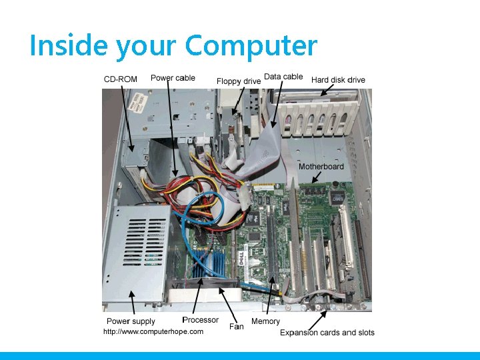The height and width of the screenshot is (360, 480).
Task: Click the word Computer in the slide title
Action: (x=251, y=46)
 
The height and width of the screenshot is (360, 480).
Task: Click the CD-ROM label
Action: (x=121, y=79)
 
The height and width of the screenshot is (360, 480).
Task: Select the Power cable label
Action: (x=173, y=78)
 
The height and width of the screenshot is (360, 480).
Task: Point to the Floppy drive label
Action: (x=239, y=81)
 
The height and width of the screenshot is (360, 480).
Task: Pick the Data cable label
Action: (x=283, y=77)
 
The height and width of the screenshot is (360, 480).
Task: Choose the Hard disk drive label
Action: (x=338, y=80)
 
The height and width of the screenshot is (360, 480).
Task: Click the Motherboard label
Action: (x=321, y=166)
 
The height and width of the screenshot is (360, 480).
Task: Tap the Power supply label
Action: (x=131, y=321)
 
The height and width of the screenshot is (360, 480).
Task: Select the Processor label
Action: (x=200, y=320)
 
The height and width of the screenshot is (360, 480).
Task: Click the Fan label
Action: (x=236, y=327)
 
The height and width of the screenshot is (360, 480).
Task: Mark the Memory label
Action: (x=265, y=321)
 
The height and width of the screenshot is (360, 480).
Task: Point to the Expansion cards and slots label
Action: (x=327, y=332)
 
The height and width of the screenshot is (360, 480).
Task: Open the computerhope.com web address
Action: (x=153, y=331)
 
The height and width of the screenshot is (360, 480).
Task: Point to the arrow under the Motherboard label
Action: (x=315, y=177)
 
